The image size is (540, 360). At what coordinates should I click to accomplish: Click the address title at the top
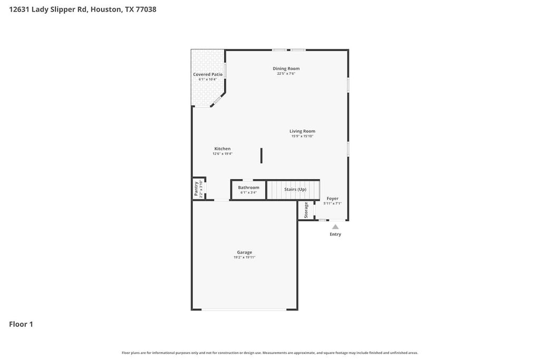[83, 9]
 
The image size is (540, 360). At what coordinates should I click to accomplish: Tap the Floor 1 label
[21, 324]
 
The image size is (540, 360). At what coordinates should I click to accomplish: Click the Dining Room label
[286, 69]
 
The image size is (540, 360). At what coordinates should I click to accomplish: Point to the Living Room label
[302, 131]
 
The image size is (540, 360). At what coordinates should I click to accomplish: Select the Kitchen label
[222, 149]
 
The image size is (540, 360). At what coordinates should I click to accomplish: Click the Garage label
[244, 252]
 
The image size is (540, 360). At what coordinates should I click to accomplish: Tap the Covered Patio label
[208, 74]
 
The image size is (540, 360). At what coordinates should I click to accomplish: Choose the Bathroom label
[248, 188]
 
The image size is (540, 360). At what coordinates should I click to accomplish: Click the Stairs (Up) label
[295, 189]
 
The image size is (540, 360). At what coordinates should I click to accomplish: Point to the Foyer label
[332, 199]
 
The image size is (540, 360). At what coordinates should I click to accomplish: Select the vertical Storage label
[306, 210]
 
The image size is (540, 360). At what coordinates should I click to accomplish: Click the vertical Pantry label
[196, 189]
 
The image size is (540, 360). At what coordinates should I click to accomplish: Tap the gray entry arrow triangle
[335, 227]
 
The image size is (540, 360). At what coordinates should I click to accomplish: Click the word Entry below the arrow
[335, 234]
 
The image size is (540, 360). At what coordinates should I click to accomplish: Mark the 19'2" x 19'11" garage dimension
[244, 258]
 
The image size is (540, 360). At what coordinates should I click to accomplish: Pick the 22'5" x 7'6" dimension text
[286, 74]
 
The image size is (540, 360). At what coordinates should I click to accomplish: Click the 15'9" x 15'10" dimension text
[302, 137]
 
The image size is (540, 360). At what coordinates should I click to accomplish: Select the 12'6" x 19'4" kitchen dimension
[222, 154]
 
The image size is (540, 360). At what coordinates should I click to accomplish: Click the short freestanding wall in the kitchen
[261, 155]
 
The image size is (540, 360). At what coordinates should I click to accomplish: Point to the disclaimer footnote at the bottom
[269, 353]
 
